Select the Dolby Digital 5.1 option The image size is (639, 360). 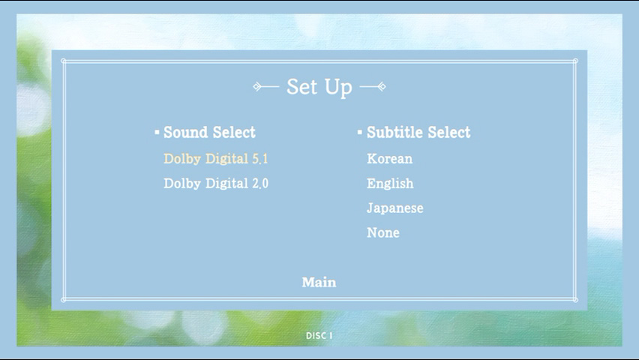point(215,158)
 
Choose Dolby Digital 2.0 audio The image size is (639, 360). point(216,184)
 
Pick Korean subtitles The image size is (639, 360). point(389,158)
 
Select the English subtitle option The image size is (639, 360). point(390,184)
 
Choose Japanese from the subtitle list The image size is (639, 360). point(395,208)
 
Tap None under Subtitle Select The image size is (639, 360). point(383,232)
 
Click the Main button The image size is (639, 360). point(319,282)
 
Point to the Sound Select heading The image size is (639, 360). point(209,132)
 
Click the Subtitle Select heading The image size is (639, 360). point(418,132)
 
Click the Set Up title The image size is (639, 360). point(319,87)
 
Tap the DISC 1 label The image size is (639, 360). point(319,335)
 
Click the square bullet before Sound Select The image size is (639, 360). point(157,132)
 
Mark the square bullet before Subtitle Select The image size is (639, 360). point(359,132)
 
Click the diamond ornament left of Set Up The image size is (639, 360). point(257,86)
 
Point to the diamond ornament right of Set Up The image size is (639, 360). point(382,86)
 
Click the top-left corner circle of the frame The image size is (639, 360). point(63,61)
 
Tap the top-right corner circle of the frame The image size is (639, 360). point(575,61)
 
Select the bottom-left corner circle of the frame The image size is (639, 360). point(63,300)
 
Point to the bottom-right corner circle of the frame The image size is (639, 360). point(575,300)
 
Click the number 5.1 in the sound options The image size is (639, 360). point(260,158)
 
